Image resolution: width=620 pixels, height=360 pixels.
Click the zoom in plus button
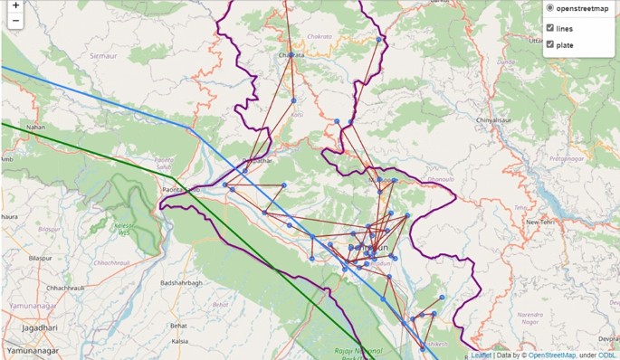point(15,5)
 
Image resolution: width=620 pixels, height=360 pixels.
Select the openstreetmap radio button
point(549,9)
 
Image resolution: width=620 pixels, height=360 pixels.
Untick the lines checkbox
point(549,29)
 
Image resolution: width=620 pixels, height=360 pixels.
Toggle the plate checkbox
point(549,45)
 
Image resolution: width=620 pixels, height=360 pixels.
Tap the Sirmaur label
point(102,55)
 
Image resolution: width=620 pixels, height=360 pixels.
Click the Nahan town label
point(35,128)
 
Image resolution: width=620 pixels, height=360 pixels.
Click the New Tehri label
point(540,222)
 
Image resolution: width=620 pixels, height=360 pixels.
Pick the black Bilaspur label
point(39,258)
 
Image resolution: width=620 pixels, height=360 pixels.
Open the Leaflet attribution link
point(481,355)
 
